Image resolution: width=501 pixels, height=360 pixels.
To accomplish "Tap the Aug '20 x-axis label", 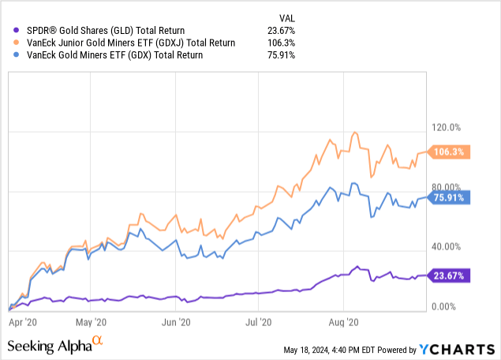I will point(344,322).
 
